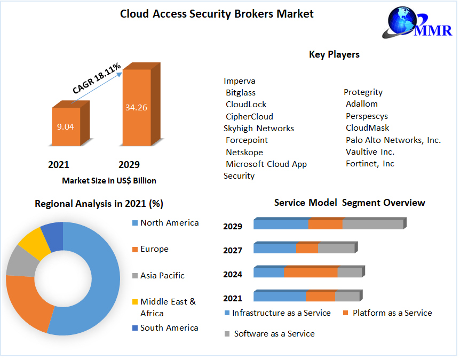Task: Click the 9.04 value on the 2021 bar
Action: coord(66,126)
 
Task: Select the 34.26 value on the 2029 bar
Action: coord(136,107)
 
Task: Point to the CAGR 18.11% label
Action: coord(97,79)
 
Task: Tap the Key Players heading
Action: coord(334,54)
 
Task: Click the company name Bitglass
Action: coord(240,93)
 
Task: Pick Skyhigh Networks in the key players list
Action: coord(259,129)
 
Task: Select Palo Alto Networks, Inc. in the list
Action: coord(393,140)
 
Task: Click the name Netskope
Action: coord(244,152)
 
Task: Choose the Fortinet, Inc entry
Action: coord(370,164)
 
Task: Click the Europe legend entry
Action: coord(154,249)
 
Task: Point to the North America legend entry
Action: coord(169,223)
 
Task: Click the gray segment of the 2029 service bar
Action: coord(372,225)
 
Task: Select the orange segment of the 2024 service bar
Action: coord(311,273)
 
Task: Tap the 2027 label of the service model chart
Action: coord(233,251)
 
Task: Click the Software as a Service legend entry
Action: coord(274,334)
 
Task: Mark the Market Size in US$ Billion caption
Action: coord(109,181)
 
